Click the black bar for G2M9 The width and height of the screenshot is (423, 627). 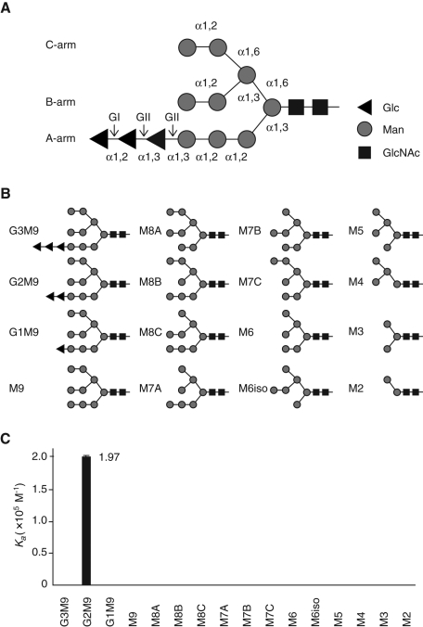pos(86,520)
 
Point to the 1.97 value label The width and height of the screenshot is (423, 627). pos(109,457)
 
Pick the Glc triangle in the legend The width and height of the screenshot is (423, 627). pos(365,108)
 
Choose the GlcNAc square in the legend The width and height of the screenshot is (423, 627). pos(365,152)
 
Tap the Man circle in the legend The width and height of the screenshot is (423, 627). pos(365,130)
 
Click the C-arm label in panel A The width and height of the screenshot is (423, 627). pos(60,45)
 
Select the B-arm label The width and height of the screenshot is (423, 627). pos(60,102)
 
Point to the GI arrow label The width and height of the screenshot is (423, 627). pos(114,117)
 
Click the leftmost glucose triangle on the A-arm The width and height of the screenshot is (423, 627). pos(98,139)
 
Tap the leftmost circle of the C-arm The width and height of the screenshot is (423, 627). pos(186,48)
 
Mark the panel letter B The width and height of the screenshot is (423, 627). pos(6,194)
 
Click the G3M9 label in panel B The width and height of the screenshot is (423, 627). pos(24,231)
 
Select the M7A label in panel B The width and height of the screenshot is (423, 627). pos(150,389)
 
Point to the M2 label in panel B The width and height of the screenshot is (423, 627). pos(355,389)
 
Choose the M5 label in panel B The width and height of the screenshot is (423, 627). pos(355,231)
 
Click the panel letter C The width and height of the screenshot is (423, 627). pos(6,439)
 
